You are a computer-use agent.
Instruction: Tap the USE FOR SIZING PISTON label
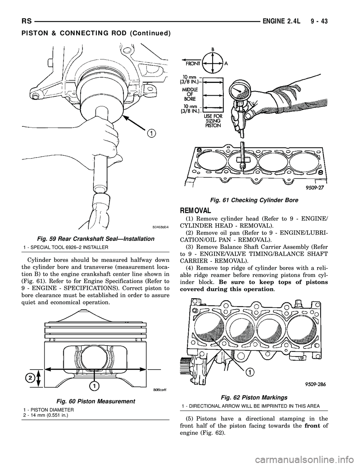(213, 121)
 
